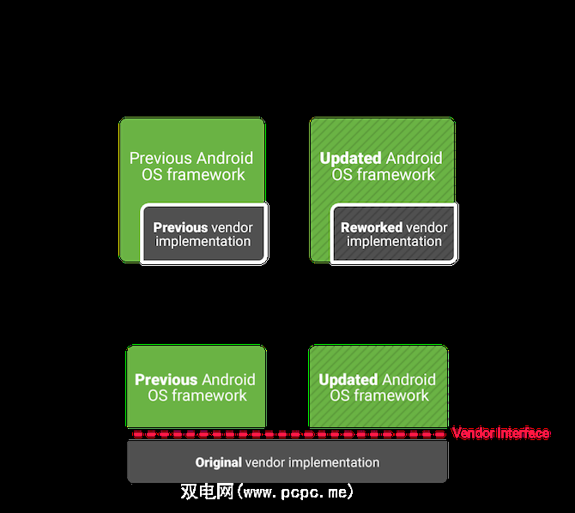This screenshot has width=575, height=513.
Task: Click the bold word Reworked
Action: (372, 227)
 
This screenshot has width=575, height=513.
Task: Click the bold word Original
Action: (219, 462)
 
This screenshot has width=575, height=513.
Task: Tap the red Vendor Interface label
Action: (500, 433)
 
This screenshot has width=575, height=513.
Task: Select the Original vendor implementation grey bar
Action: (287, 462)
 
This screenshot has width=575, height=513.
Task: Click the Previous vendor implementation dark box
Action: (204, 234)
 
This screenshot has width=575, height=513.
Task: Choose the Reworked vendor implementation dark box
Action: (394, 234)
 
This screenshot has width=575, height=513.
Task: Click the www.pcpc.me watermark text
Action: (296, 492)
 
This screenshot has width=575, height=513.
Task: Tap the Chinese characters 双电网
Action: (207, 492)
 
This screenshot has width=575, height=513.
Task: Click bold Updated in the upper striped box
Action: (350, 158)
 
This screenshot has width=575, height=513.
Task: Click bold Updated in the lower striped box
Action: (348, 379)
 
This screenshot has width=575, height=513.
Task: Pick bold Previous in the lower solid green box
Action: (166, 379)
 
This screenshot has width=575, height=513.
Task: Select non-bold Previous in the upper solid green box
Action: (160, 158)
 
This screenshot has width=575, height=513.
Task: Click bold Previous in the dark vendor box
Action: (180, 227)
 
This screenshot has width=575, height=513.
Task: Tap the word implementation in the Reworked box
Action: (394, 241)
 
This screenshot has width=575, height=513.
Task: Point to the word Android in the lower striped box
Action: (409, 379)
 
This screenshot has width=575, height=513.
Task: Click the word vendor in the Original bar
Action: (265, 462)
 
